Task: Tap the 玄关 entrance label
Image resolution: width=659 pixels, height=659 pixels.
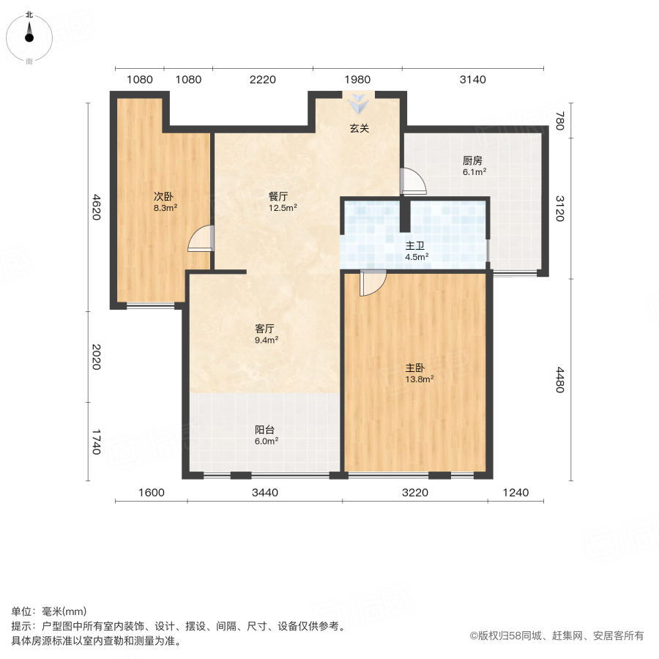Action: pos(359,129)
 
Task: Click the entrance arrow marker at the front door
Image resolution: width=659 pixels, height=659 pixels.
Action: pos(358,104)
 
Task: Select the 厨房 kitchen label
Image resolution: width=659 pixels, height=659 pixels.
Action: pos(472,161)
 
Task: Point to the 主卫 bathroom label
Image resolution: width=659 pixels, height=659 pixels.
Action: pos(417,246)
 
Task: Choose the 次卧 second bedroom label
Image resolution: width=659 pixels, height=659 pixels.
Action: pos(163,196)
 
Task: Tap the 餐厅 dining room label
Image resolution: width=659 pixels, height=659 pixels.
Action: pos(278,196)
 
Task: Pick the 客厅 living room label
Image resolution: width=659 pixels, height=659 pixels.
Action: pos(264,329)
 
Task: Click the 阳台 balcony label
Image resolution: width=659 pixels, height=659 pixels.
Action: pos(264,430)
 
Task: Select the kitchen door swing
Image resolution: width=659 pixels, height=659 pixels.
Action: pos(413,181)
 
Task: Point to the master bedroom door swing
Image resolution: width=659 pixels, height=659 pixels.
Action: pos(372,283)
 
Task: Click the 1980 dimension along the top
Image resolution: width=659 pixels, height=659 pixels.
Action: pos(357,80)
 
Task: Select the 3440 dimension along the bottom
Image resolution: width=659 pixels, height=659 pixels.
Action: pos(264,493)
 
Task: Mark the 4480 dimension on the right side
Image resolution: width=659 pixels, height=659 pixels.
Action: pos(559,380)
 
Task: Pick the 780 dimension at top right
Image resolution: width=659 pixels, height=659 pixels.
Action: pos(559,121)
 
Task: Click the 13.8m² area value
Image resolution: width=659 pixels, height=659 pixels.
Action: pos(420,379)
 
